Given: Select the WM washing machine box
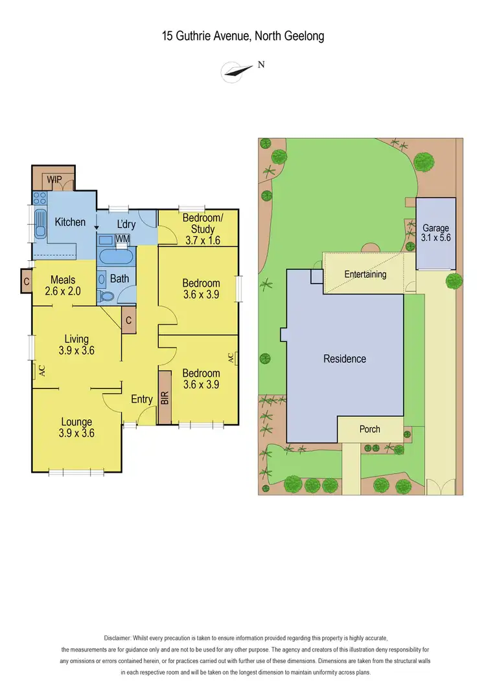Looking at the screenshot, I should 122,239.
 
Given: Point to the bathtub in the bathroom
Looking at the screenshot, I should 115,256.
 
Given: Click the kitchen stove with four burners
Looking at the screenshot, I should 39,198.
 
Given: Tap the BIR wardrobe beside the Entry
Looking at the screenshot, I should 164,398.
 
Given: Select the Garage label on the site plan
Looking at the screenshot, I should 436,228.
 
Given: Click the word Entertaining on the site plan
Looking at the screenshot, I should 365,275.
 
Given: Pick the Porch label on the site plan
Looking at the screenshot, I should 369,429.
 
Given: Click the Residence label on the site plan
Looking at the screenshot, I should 345,359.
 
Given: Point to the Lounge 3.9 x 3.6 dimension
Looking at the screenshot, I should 77,433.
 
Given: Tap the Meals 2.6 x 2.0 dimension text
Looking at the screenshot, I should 63,291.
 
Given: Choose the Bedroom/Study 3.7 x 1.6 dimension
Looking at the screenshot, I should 202,240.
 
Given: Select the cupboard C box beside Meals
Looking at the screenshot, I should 26,282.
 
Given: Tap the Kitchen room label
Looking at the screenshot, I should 70,222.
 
